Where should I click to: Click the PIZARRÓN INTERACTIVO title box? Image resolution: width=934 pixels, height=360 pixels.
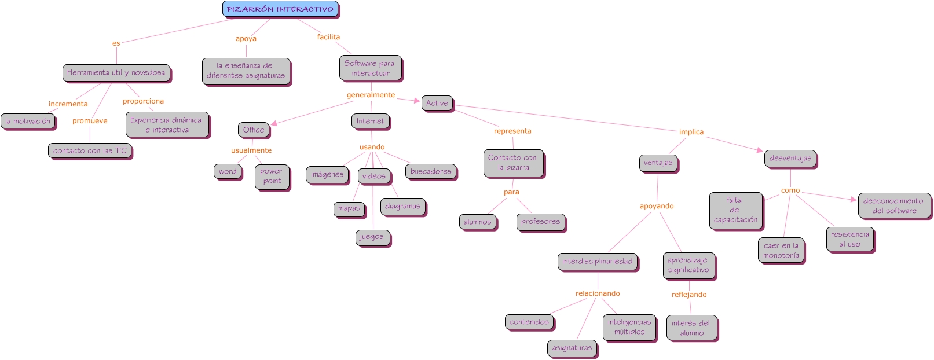[x=280, y=9]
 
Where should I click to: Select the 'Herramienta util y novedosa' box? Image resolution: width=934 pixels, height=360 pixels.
[x=116, y=73]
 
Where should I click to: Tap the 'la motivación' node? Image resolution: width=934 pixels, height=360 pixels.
[x=28, y=121]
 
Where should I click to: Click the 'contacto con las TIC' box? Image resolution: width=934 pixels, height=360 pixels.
[x=90, y=150]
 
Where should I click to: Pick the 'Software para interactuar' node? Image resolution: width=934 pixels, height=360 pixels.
[x=370, y=68]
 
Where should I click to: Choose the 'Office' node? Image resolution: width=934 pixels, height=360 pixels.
[x=254, y=130]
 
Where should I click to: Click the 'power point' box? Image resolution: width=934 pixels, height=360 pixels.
[x=272, y=177]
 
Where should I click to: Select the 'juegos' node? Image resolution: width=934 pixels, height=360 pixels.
[x=372, y=237]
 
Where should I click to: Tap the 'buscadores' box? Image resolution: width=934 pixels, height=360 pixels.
[x=431, y=171]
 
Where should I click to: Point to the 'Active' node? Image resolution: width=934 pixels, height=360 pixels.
[x=437, y=103]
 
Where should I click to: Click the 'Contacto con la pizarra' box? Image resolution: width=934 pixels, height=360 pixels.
[x=513, y=163]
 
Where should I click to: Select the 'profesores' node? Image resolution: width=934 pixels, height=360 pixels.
[x=540, y=222]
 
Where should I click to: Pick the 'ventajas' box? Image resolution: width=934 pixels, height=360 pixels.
[x=658, y=163]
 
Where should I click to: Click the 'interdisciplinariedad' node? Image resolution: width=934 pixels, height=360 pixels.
[x=597, y=262]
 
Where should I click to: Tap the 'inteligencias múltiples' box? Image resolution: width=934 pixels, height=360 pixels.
[x=629, y=327]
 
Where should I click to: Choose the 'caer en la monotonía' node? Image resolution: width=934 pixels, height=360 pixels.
[x=781, y=250]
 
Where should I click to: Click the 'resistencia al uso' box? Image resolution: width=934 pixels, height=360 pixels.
[x=849, y=239]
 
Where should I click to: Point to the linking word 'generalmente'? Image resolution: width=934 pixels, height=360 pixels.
[x=371, y=95]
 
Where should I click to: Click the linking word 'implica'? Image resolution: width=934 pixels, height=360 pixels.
[x=691, y=132]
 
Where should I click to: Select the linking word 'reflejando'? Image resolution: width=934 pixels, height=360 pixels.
[x=689, y=295]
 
